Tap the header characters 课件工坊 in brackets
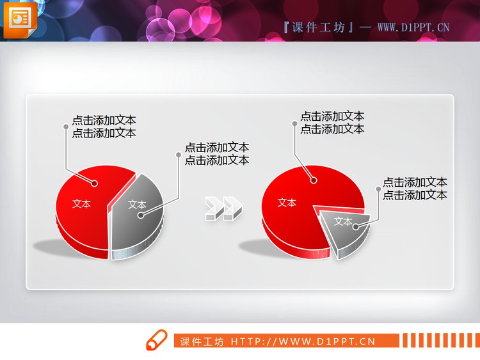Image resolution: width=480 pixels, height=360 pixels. pyautogui.click(x=318, y=27)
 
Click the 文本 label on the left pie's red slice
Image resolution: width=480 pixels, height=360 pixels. pyautogui.click(x=81, y=204)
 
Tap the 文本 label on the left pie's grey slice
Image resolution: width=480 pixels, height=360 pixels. pyautogui.click(x=137, y=205)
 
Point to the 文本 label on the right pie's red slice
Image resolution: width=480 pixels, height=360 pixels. pyautogui.click(x=287, y=203)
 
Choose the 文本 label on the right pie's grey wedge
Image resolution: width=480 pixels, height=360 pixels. pyautogui.click(x=343, y=222)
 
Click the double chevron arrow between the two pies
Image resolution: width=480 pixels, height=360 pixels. pyautogui.click(x=223, y=209)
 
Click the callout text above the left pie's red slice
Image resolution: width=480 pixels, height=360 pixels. pyautogui.click(x=104, y=127)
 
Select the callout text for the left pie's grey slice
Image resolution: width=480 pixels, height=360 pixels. pyautogui.click(x=217, y=154)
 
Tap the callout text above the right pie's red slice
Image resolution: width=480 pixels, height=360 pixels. pyautogui.click(x=332, y=123)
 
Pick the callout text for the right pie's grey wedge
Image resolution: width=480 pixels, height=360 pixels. pyautogui.click(x=415, y=189)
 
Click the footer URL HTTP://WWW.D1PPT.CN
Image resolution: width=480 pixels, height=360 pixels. pyautogui.click(x=303, y=341)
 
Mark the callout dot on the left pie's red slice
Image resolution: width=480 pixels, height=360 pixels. pyautogui.click(x=95, y=184)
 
